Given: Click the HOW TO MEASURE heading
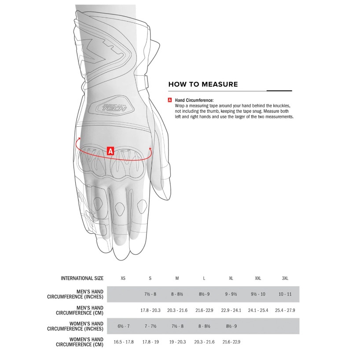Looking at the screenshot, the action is [203, 84].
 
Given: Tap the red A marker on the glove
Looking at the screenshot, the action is [111, 151].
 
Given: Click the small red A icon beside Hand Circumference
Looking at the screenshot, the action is [170, 100].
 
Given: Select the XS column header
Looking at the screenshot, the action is [123, 279].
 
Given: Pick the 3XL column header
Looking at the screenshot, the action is [285, 279].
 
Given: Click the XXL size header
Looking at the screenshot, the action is [258, 279].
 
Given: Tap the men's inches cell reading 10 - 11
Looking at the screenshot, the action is [285, 294].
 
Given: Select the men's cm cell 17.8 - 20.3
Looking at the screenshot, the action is [150, 310].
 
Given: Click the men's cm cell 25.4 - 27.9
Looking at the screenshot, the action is [285, 310].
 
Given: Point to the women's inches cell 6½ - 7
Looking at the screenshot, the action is [123, 326].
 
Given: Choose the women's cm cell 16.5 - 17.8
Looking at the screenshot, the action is [123, 342].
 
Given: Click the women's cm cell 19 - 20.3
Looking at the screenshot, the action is [177, 342].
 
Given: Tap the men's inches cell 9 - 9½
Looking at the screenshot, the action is [231, 294].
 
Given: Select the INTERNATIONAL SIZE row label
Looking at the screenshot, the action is [82, 279].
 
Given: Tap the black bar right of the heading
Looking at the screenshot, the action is [279, 90].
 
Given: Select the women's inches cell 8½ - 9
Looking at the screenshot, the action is [231, 326].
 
